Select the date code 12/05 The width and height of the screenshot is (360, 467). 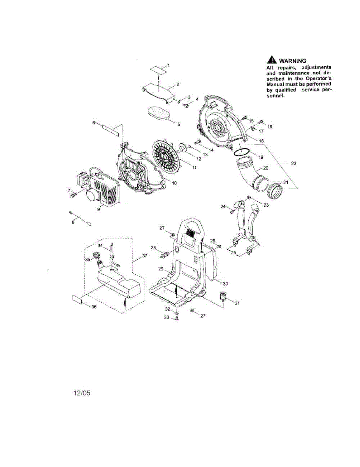tap(82, 393)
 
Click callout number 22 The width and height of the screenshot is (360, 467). tap(293, 164)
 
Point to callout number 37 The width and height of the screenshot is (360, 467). tap(145, 256)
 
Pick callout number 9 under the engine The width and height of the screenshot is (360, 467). tap(98, 209)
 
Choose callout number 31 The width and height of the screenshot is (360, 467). tap(237, 304)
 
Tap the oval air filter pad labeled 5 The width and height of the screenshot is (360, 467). tap(160, 116)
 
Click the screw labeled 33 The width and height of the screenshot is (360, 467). tap(177, 319)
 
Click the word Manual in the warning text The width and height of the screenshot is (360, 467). tap(277, 84)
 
